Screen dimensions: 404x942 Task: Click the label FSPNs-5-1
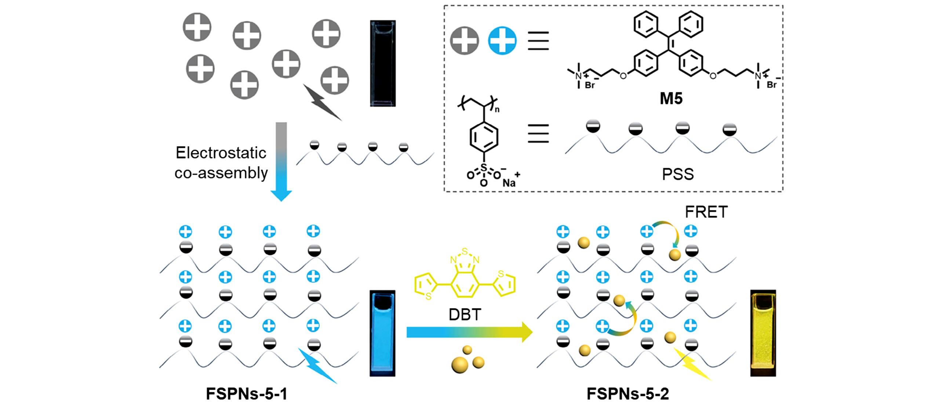click(x=246, y=394)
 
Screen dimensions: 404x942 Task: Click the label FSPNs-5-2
click(x=628, y=394)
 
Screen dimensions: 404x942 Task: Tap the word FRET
click(x=706, y=212)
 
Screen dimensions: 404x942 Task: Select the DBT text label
click(x=464, y=314)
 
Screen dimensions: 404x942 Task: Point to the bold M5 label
click(x=671, y=99)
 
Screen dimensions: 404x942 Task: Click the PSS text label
click(x=677, y=175)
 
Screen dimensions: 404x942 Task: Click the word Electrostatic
click(x=221, y=153)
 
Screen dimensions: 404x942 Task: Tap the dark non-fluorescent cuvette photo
click(x=383, y=63)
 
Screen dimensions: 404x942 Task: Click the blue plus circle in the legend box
click(x=502, y=40)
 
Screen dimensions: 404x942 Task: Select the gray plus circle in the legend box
click(x=465, y=40)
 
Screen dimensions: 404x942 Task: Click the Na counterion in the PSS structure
click(x=509, y=183)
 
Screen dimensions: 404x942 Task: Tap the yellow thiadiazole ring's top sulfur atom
click(x=465, y=252)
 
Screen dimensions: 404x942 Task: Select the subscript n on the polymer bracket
click(x=498, y=109)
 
